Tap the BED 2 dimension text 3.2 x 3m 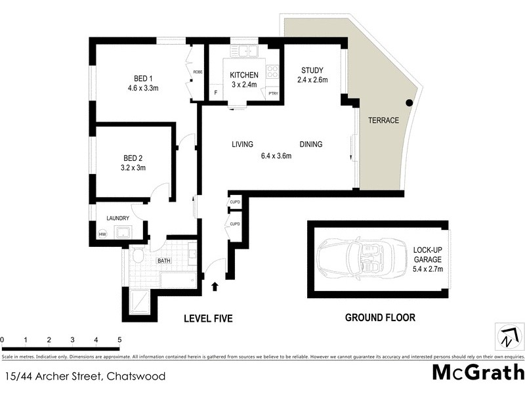134,167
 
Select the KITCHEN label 244,76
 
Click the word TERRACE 383,121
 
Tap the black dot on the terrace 409,102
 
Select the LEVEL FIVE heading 208,318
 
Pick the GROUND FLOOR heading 380,318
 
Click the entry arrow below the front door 215,286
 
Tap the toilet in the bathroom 138,255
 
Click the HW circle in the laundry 102,234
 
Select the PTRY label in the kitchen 273,94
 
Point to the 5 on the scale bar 119,340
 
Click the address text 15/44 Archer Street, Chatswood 84,376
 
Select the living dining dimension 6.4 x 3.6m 276,156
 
